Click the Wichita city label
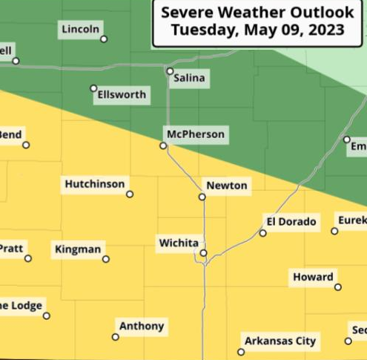click(179, 243)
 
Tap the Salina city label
click(189, 78)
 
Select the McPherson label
click(195, 135)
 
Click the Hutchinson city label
click(95, 184)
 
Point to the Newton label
click(226, 186)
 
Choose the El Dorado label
click(291, 221)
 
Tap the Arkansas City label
click(280, 341)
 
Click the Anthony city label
click(142, 326)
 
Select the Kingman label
click(78, 249)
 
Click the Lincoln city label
click(81, 29)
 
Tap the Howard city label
click(313, 277)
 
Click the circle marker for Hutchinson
click(130, 194)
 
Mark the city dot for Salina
click(170, 71)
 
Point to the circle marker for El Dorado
click(262, 233)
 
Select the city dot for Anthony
click(115, 337)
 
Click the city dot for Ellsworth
click(93, 88)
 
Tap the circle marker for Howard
click(338, 287)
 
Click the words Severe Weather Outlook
click(257, 13)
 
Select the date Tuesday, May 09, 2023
click(257, 30)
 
